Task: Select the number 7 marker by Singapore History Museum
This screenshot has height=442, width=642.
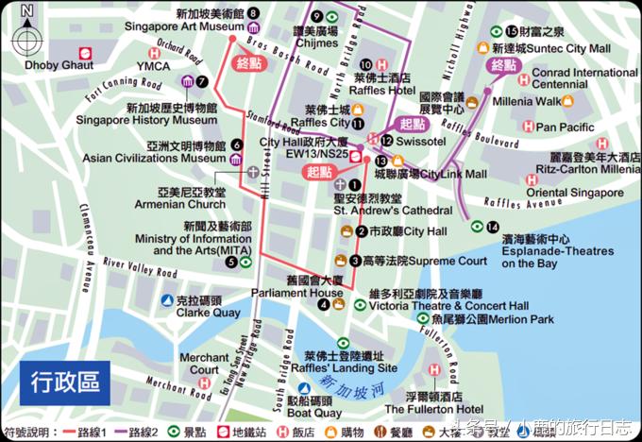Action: [x=202, y=81]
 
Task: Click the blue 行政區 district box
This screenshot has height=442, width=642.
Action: [x=64, y=383]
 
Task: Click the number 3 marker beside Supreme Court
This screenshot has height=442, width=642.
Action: [x=354, y=261]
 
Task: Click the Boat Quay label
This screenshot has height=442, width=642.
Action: [x=307, y=412]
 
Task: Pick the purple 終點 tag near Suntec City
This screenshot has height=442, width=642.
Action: [x=504, y=65]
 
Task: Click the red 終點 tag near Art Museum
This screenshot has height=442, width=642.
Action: [x=251, y=63]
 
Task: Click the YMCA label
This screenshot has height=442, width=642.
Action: [x=152, y=66]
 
